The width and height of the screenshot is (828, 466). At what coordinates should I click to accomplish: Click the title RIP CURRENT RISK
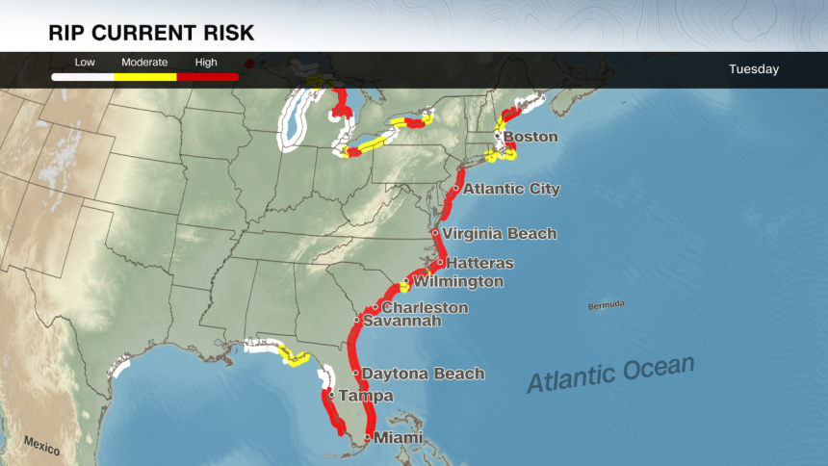pyautogui.click(x=151, y=33)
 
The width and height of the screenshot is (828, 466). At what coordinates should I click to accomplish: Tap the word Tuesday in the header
pyautogui.click(x=754, y=69)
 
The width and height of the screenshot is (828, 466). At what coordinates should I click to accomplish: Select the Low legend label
pyautogui.click(x=85, y=63)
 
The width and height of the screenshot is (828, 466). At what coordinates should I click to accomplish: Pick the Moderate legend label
pyautogui.click(x=145, y=63)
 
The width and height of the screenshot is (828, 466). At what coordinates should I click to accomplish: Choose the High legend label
pyautogui.click(x=206, y=63)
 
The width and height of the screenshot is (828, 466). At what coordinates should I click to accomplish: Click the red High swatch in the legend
pyautogui.click(x=207, y=75)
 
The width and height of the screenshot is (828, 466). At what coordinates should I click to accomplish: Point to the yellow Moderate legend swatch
pyautogui.click(x=145, y=75)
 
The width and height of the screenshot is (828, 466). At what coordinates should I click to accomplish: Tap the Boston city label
pyautogui.click(x=530, y=137)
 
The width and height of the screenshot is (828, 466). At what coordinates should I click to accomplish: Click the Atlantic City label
pyautogui.click(x=511, y=189)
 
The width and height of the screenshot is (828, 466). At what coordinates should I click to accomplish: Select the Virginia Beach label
pyautogui.click(x=499, y=233)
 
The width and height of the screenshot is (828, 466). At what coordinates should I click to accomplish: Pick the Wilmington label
pyautogui.click(x=457, y=282)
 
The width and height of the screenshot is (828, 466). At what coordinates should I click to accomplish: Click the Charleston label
pyautogui.click(x=425, y=308)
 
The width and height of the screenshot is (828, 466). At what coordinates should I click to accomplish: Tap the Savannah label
pyautogui.click(x=401, y=321)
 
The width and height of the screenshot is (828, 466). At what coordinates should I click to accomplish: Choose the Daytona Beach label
pyautogui.click(x=423, y=374)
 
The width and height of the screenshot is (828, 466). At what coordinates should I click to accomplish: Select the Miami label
pyautogui.click(x=398, y=438)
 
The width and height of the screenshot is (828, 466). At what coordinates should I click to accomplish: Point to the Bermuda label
pyautogui.click(x=606, y=305)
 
